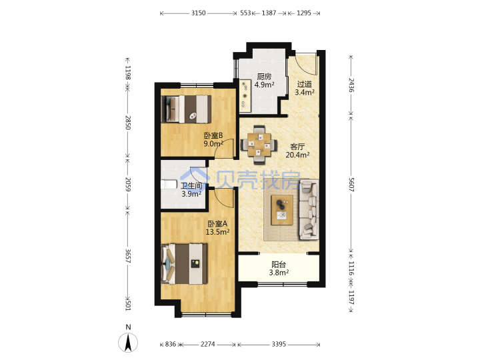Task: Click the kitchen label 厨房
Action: coord(264,76)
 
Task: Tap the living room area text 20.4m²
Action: coord(297,155)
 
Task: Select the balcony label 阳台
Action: coord(279,264)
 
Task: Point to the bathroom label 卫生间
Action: coord(191,186)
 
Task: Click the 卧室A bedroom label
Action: coord(217,224)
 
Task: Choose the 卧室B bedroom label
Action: coord(213,135)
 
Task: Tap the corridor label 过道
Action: coord(304,84)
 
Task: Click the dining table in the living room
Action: coord(259,145)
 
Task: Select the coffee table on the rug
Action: coord(282,210)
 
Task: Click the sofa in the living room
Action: coord(309,210)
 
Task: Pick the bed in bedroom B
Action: coord(186,109)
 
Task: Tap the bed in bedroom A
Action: coord(184,263)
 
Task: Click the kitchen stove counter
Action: coord(245,96)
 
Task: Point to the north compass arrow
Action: coord(128,342)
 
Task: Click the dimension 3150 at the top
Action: coord(198,13)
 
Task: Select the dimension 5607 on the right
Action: coord(351,185)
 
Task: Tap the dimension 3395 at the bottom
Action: coord(279,345)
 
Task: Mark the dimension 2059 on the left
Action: coord(128,184)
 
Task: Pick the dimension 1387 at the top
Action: coord(269,13)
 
